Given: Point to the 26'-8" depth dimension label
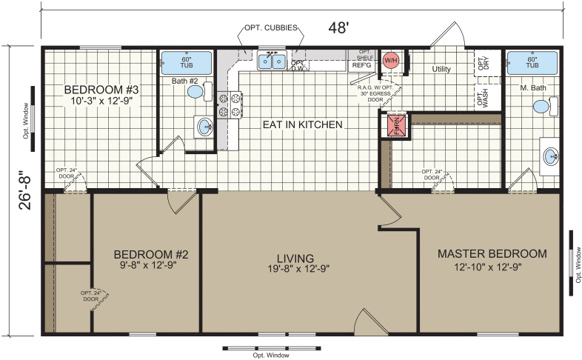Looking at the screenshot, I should tap(25, 190).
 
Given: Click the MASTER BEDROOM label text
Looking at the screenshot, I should tap(492, 253).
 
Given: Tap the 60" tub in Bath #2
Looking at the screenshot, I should tap(186, 62).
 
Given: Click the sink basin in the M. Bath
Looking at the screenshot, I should tap(550, 156).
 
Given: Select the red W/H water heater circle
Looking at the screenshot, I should tap(390, 59).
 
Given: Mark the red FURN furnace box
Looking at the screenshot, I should tap(389, 126).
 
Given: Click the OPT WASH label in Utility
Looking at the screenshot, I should tap(484, 98).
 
